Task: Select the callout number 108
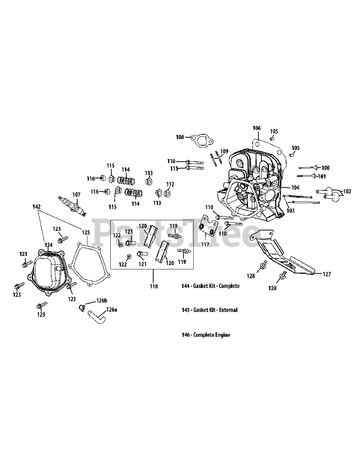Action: (x=180, y=137)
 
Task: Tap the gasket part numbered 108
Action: (x=202, y=141)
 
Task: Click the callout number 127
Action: (x=327, y=274)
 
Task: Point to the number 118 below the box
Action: (x=154, y=286)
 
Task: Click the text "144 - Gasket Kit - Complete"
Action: (x=210, y=286)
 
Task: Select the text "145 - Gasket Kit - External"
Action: (x=209, y=310)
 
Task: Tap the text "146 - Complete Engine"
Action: (x=206, y=335)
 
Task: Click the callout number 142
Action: (x=36, y=206)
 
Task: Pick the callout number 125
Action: (x=86, y=233)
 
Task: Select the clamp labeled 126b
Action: (x=82, y=308)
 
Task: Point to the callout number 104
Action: (x=295, y=187)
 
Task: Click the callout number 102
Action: (x=347, y=191)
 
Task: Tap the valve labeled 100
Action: (x=308, y=167)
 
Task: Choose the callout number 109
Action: (x=224, y=151)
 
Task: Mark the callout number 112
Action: (x=170, y=184)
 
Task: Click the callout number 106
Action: (x=257, y=128)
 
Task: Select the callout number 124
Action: (x=48, y=245)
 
